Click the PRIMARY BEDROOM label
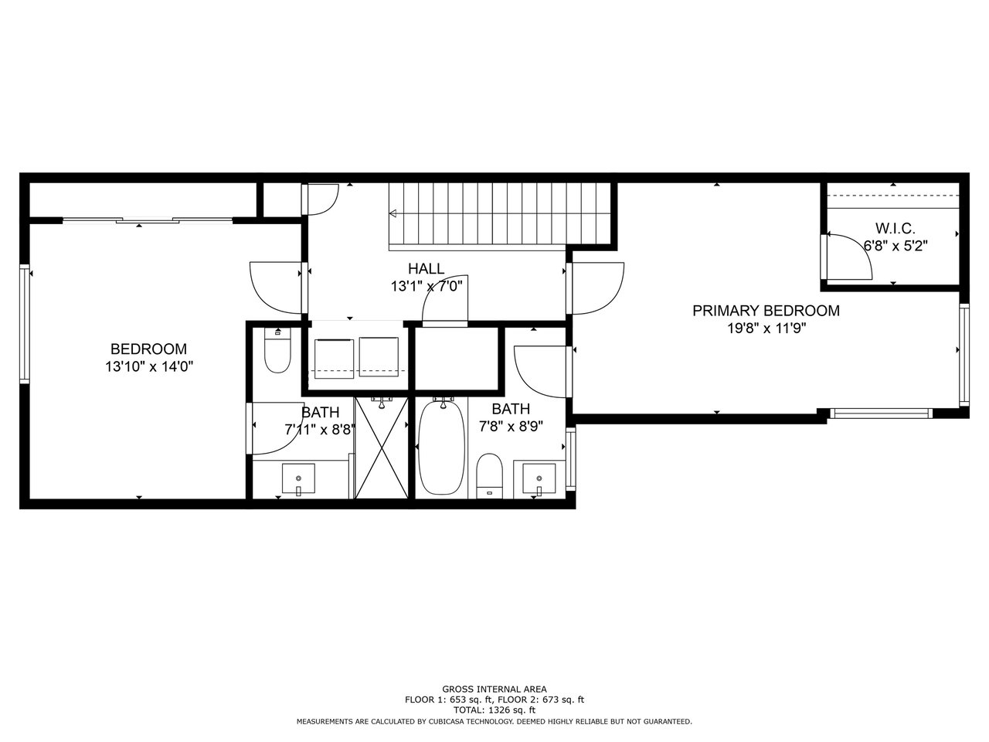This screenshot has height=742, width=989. coord(766,311)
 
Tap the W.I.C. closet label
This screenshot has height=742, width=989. coord(895,229)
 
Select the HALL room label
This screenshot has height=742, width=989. coord(426,268)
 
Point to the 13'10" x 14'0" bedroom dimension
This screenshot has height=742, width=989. coord(149,366)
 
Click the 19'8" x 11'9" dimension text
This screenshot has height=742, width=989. coord(766,328)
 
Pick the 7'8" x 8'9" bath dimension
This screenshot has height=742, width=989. coord(511,426)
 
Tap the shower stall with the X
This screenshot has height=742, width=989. coord(382,448)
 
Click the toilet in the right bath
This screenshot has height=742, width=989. coord(489,476)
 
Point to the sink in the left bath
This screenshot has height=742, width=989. coord(298,478)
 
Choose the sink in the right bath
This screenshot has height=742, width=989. coord(539,478)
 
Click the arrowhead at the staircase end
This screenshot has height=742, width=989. coord(393,213)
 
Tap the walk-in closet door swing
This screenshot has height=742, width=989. coord(847,256)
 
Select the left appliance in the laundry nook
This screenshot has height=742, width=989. coord(334,359)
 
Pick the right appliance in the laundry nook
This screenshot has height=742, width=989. coord(379,357)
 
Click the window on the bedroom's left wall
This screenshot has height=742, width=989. coord(24,325)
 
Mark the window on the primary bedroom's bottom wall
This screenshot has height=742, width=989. coord(881,413)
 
